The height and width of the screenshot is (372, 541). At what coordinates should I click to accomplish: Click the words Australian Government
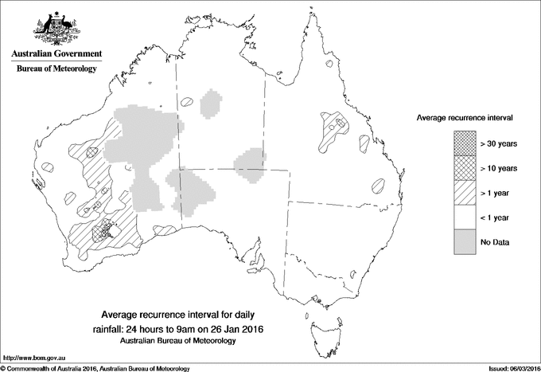(x=56, y=54)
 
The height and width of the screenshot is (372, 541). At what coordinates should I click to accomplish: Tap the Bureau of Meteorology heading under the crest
(x=56, y=69)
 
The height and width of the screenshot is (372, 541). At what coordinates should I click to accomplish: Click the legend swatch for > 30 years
(x=464, y=143)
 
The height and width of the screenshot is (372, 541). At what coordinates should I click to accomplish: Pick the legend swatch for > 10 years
(x=464, y=168)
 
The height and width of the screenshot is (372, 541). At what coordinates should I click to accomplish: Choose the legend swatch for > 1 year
(x=464, y=193)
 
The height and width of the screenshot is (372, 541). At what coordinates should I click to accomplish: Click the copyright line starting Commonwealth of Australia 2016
(x=95, y=368)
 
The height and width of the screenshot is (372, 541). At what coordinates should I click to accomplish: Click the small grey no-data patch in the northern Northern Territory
(x=211, y=104)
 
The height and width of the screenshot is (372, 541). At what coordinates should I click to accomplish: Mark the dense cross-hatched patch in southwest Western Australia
(x=103, y=231)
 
